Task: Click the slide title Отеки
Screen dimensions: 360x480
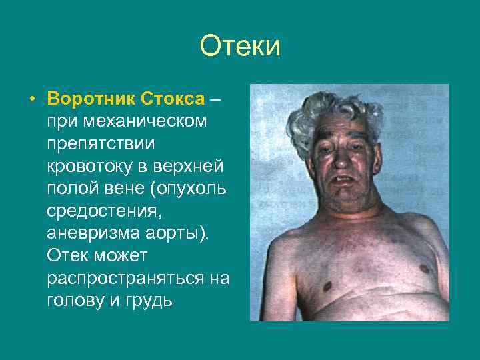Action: coord(240,47)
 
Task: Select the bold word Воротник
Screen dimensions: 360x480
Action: coord(92,99)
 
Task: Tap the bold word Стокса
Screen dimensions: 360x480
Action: coord(172,99)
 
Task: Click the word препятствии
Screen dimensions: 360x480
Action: coord(100,143)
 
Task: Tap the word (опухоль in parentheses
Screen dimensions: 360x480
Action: coord(189,187)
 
